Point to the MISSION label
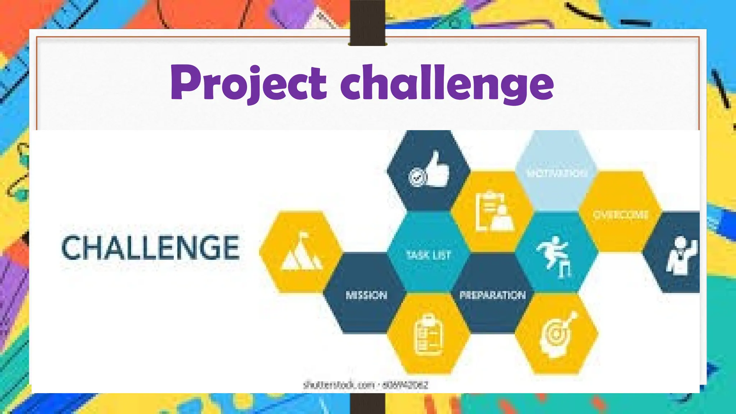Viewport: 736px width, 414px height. pyautogui.click(x=366, y=295)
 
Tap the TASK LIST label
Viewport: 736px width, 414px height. pyautogui.click(x=428, y=255)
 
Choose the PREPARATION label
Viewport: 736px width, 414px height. pyautogui.click(x=492, y=295)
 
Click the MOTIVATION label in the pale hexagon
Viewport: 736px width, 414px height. pyautogui.click(x=557, y=174)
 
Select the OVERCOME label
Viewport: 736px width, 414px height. pyautogui.click(x=621, y=215)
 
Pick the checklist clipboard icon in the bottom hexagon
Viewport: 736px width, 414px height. pyautogui.click(x=428, y=335)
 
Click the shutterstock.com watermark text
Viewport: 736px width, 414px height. pyautogui.click(x=365, y=385)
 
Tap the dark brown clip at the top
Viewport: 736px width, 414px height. pyautogui.click(x=367, y=22)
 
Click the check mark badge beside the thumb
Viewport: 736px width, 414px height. pyautogui.click(x=417, y=177)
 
